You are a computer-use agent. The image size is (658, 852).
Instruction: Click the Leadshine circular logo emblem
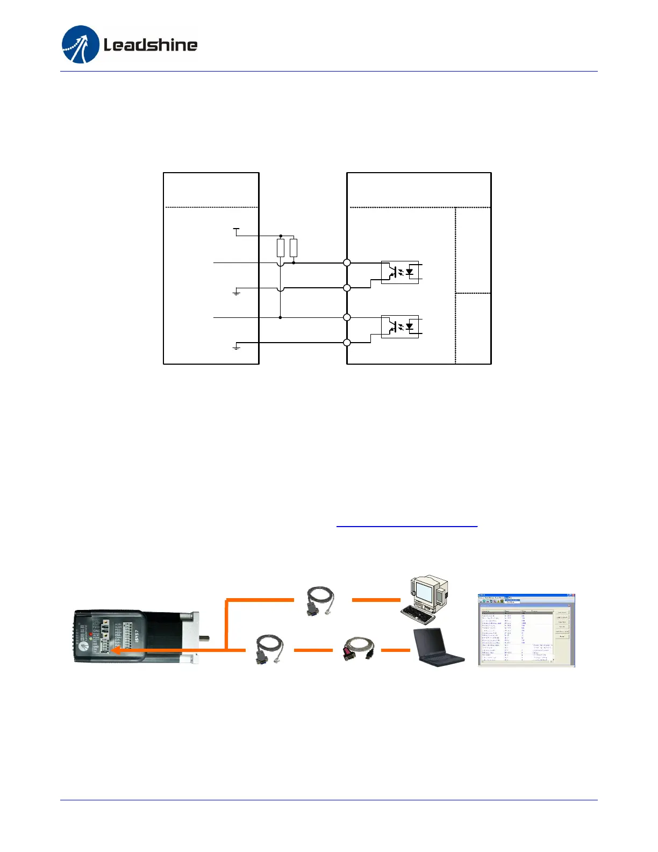81,45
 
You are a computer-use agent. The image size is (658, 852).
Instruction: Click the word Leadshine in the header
150,45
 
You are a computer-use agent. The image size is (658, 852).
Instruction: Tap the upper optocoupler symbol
399,272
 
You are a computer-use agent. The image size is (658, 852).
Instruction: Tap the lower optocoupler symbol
399,326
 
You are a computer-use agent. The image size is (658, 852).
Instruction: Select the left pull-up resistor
281,248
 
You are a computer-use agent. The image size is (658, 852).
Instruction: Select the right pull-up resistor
294,248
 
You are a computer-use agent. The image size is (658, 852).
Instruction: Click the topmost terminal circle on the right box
347,263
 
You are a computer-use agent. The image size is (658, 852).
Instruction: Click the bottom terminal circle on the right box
347,343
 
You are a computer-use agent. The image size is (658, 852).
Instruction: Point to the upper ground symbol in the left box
236,293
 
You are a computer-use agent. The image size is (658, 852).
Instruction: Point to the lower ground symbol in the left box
236,347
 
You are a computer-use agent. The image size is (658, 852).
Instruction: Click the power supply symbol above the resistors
236,230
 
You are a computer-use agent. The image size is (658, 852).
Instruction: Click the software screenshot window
526,630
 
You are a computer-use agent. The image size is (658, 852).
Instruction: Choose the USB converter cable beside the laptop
357,649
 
